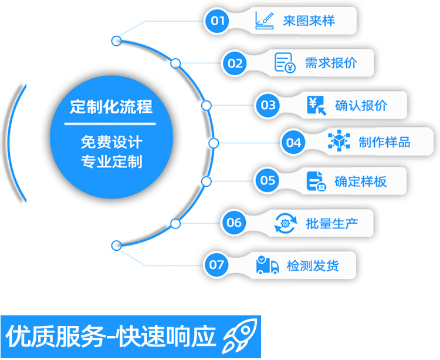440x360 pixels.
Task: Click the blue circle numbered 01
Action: click(218, 21)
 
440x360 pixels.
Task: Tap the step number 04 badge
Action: click(294, 142)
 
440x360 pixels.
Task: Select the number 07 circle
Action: click(217, 265)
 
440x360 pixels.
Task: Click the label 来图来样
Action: click(309, 21)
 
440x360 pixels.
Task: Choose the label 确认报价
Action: click(361, 106)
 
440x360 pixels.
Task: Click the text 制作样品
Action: click(384, 142)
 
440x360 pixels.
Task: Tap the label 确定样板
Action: click(360, 181)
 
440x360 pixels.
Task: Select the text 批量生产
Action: click(331, 223)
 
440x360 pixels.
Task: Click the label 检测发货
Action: click(313, 265)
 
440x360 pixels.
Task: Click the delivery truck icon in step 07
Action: click(268, 265)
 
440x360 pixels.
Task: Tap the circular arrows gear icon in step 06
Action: click(286, 223)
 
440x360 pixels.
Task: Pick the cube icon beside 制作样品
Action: click(339, 142)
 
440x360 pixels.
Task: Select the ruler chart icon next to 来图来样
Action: click(265, 21)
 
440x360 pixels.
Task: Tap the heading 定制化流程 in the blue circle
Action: click(110, 107)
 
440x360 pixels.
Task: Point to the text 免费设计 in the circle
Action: click(111, 142)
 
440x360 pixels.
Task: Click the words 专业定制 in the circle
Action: click(111, 161)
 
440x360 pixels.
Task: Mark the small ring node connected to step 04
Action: click(214, 143)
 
